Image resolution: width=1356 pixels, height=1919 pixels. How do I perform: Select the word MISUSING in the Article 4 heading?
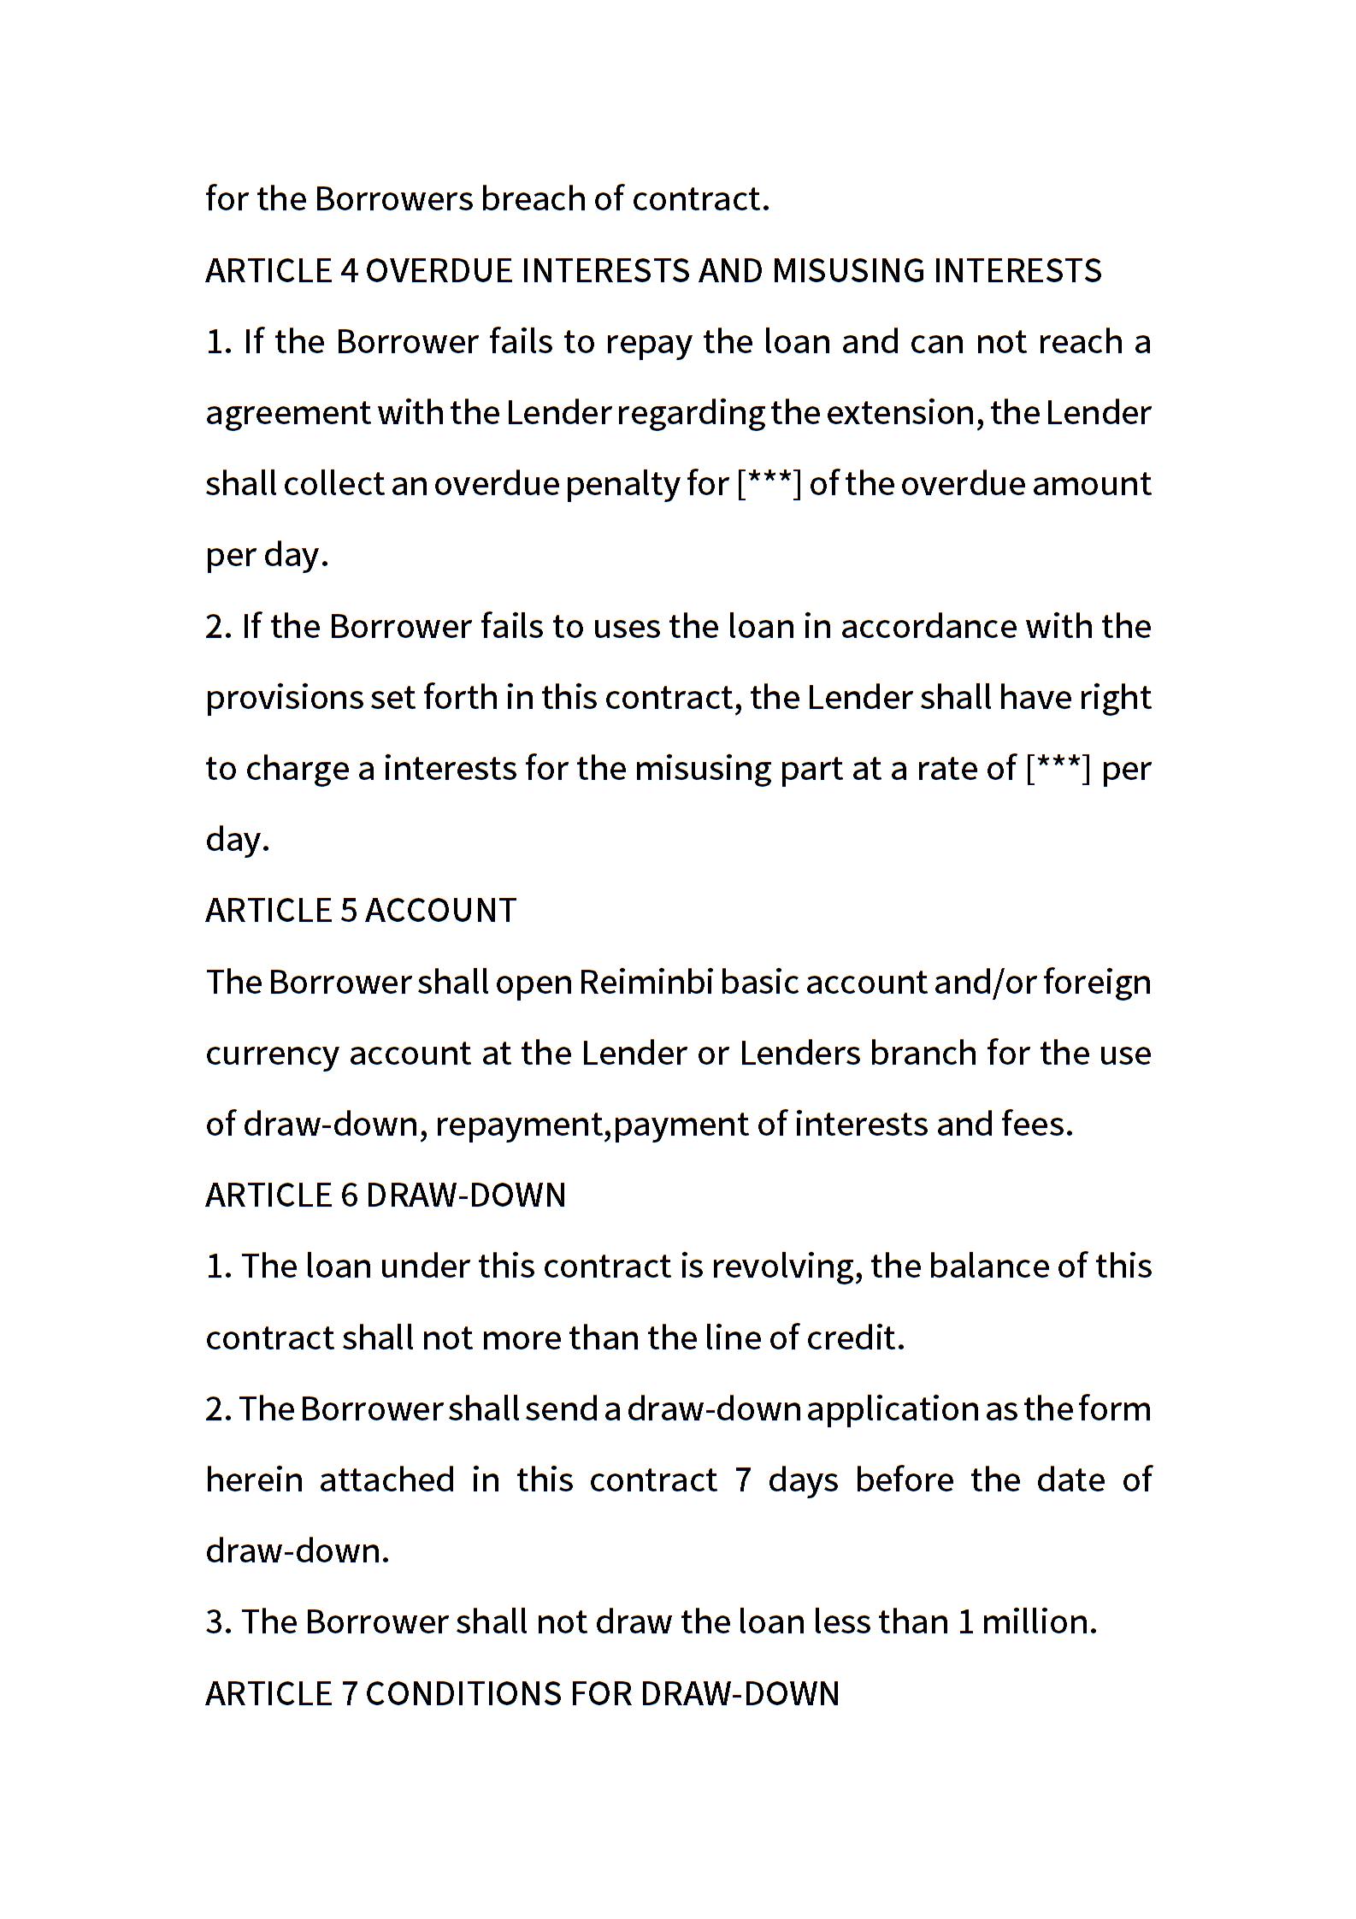[847, 271]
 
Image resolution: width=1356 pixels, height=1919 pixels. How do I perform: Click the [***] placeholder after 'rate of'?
[1058, 768]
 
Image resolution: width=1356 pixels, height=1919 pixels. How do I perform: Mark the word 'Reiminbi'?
[646, 983]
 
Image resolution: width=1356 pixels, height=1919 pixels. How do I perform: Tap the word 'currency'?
[273, 1054]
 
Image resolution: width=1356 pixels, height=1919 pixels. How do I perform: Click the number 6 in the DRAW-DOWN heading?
[349, 1196]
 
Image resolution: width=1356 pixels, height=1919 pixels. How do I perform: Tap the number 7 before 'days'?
[743, 1480]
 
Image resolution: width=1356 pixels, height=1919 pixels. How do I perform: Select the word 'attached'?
[386, 1480]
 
